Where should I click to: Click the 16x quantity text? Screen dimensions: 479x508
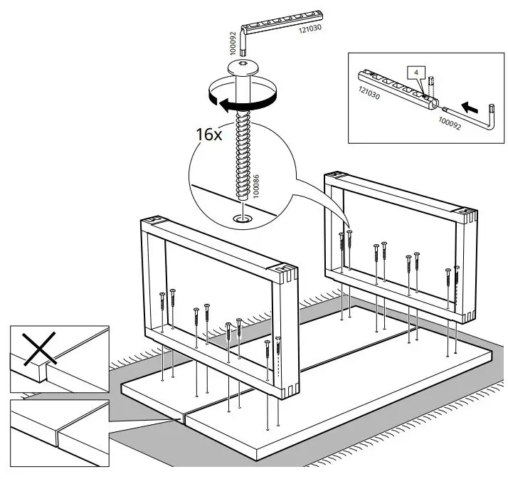[x=208, y=133]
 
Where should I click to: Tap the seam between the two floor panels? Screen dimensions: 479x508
[x=184, y=417]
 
